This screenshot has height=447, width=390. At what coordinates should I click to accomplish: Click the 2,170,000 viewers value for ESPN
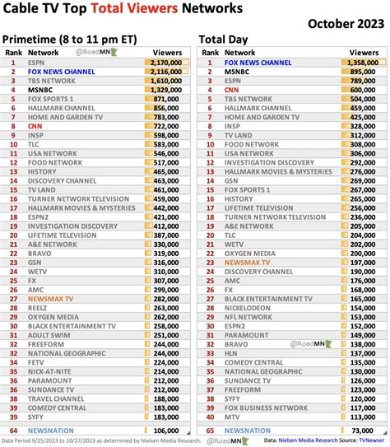pyautogui.click(x=165, y=62)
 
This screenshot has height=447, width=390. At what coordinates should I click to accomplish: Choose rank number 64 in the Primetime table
pyautogui.click(x=12, y=430)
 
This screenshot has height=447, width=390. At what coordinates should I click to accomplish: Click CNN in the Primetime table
pyautogui.click(x=35, y=127)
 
